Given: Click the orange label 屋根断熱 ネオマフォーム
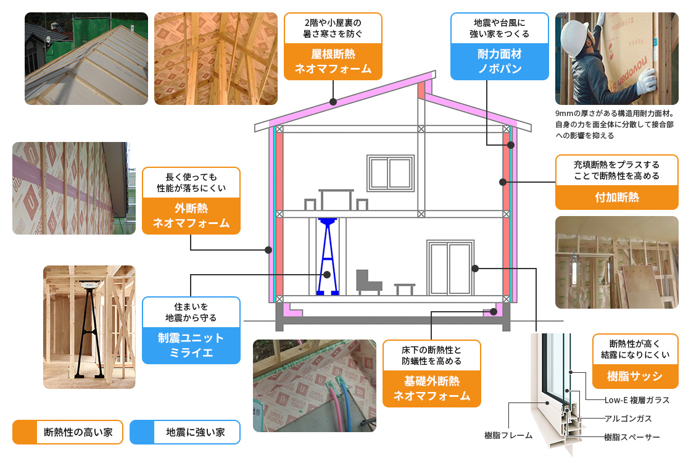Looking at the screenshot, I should coord(333,62).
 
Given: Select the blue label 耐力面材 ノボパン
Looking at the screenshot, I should coord(499,62).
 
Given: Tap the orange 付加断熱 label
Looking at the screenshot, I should coord(616,198).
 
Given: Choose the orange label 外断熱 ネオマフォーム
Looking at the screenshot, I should coord(191,216).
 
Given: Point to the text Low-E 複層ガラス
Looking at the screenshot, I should coord(637,401).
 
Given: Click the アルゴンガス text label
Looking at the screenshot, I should coord(627,419).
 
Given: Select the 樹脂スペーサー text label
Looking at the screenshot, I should coord(632,437).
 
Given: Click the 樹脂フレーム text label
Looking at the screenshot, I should coord(508,435).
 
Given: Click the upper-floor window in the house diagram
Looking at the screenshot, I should coord(389,173).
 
